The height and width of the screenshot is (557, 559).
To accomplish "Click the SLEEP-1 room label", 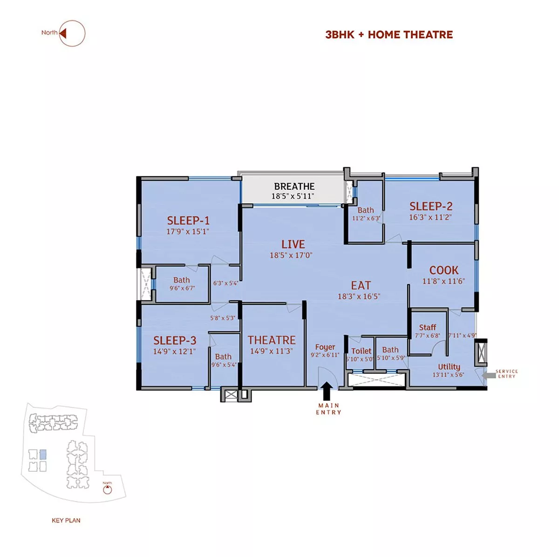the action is [x=188, y=220].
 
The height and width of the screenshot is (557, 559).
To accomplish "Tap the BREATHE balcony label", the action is [x=294, y=186].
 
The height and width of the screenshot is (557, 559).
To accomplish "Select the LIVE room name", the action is [x=293, y=244].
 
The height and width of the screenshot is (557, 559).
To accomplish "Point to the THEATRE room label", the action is [x=272, y=340].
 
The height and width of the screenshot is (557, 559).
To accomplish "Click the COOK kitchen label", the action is [x=443, y=270].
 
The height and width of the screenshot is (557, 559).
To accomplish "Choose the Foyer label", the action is [x=325, y=347].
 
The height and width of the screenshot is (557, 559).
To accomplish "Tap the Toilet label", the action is [x=361, y=351].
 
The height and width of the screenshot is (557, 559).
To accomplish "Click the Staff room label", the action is [x=427, y=327].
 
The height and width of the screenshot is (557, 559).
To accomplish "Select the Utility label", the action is [x=449, y=367].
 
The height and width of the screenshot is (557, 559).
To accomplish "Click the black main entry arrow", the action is [x=327, y=391].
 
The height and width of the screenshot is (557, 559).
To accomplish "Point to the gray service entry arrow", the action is [x=489, y=375].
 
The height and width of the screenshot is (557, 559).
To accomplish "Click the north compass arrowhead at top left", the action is [x=63, y=34].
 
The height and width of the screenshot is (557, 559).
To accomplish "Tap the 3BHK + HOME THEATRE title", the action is [x=389, y=34].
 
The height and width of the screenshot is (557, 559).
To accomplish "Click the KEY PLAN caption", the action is [x=66, y=521].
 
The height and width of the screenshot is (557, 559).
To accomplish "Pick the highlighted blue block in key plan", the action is [x=43, y=454].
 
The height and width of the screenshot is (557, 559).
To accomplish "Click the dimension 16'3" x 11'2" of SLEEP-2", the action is [x=430, y=217].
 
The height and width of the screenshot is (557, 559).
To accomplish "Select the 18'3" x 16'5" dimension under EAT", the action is [x=359, y=296].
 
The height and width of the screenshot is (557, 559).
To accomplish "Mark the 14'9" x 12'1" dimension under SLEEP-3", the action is [x=174, y=351].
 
